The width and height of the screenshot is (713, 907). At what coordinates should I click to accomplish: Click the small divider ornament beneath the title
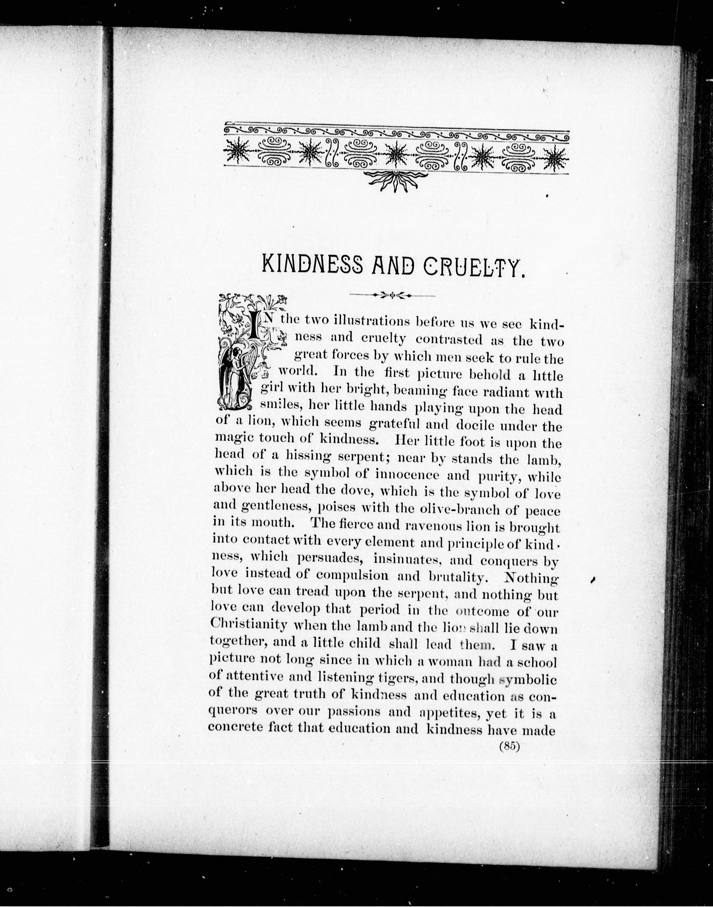pyautogui.click(x=392, y=295)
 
